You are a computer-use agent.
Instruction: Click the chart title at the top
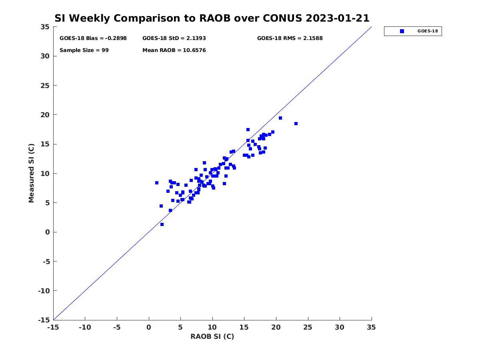(212, 18)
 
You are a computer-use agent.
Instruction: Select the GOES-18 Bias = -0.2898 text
(93, 38)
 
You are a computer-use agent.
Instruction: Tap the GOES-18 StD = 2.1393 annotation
(174, 38)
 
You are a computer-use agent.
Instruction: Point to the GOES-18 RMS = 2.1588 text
(290, 38)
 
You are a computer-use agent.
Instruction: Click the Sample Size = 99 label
(84, 50)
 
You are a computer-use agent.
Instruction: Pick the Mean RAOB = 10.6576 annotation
(174, 50)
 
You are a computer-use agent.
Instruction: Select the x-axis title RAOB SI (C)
(212, 336)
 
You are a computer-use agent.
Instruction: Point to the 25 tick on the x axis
(308, 327)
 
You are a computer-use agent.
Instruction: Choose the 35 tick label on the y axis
(45, 27)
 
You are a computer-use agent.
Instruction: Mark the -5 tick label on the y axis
(45, 262)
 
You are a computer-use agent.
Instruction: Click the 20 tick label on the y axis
(45, 115)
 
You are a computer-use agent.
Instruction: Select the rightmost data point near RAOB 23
(296, 124)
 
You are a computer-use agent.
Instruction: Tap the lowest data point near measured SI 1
(162, 224)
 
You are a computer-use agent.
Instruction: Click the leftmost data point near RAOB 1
(157, 183)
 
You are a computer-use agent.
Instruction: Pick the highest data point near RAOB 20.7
(280, 118)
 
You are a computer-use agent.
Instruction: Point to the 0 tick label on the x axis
(149, 327)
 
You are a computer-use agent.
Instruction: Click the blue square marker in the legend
(402, 31)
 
